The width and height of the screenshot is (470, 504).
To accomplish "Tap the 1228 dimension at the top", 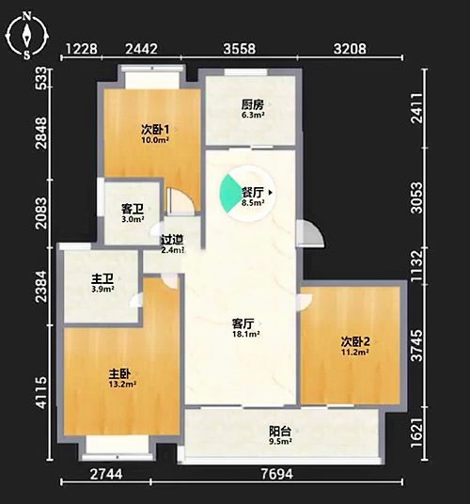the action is [81, 49].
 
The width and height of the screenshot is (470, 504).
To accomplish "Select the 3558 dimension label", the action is [240, 49].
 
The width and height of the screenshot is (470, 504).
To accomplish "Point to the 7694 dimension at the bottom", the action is [277, 474].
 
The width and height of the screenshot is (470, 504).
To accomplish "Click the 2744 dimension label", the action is [106, 474].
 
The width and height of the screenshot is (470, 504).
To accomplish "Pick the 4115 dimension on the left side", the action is [41, 393].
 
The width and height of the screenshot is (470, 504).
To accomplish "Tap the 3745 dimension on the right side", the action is [417, 345].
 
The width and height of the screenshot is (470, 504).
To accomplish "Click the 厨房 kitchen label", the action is [253, 104].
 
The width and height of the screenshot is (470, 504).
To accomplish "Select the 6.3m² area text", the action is [253, 115].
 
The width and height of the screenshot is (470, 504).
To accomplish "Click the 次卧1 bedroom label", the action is [155, 130].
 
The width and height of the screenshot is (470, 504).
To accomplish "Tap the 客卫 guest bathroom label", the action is [132, 209].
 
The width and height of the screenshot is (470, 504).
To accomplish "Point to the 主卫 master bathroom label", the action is [102, 278].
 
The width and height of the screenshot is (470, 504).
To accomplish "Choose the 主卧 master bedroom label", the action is [119, 373].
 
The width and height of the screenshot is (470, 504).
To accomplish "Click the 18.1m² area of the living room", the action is [245, 334].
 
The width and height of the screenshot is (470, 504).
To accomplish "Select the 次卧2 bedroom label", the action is [355, 341].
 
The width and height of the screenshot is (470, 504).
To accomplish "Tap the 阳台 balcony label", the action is [280, 431].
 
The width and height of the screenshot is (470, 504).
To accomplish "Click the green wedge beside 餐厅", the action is [228, 193].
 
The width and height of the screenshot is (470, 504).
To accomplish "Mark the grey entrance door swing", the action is [309, 233].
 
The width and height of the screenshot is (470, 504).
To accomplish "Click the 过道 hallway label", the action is [172, 240].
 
